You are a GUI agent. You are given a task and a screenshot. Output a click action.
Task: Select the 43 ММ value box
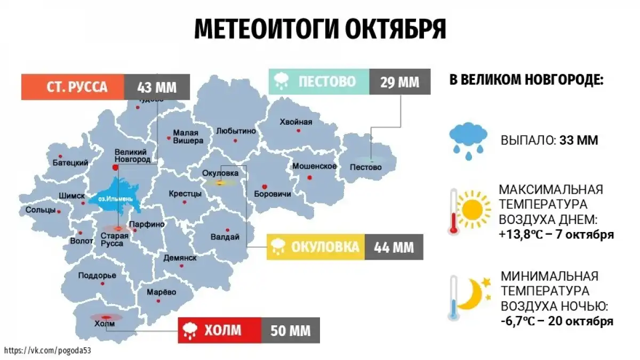[156, 87]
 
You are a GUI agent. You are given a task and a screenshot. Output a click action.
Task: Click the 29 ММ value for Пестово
[399, 82]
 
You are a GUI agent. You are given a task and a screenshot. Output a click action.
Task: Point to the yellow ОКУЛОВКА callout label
[316, 247]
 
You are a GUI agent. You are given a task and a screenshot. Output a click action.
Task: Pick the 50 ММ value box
[290, 331]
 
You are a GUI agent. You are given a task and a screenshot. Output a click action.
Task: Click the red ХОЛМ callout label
[219, 331]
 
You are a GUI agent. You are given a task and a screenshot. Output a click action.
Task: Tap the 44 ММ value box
[394, 247]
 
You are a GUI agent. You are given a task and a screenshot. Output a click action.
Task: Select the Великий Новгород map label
[131, 155]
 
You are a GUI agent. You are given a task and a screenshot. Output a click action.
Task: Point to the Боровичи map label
[273, 194]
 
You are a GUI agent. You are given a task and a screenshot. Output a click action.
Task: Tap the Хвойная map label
[295, 122]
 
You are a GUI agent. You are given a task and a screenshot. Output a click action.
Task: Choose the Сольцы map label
[41, 210]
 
